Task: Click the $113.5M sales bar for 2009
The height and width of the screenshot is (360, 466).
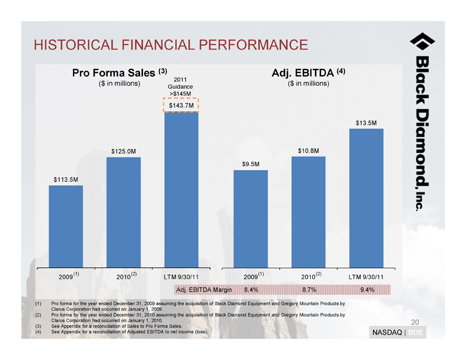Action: coord(66,226)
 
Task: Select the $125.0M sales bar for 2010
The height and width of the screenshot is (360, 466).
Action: coord(124,212)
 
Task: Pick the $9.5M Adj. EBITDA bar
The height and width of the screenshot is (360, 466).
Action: coord(251,218)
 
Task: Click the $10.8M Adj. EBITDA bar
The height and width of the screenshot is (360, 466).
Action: coord(308,211)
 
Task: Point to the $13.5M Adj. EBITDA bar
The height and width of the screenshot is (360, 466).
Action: coord(366,198)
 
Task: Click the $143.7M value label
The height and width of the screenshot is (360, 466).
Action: coord(181,105)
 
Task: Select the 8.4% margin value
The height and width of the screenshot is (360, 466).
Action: coord(251,289)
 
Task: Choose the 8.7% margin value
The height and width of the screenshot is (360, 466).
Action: coord(309,289)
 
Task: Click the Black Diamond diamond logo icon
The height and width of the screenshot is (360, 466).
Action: coord(422,41)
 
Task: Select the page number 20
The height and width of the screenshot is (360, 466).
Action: coord(415,322)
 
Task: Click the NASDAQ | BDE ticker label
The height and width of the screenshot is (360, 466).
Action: coord(398,333)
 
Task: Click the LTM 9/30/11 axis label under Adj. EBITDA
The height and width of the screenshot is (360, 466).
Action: coord(366,276)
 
